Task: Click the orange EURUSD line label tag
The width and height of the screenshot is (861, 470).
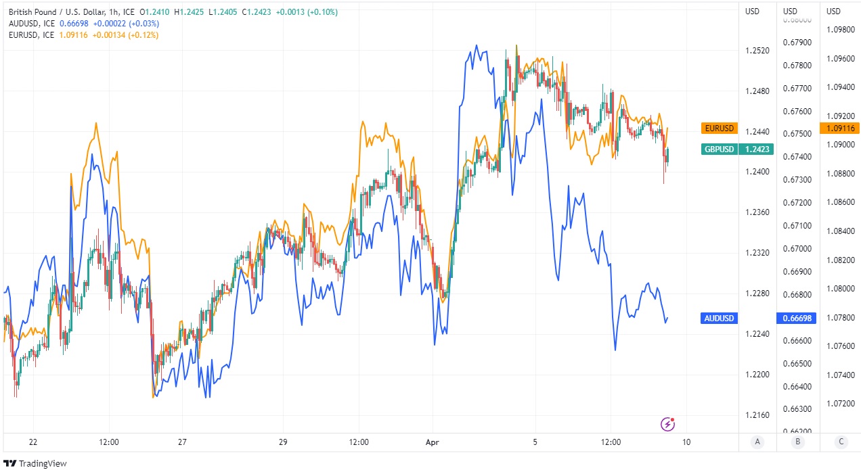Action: [x=719, y=128]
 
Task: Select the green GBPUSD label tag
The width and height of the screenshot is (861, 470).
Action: [x=719, y=149]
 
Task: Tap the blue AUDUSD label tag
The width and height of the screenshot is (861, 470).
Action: [x=719, y=318]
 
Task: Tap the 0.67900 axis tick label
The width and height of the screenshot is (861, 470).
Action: [x=797, y=43]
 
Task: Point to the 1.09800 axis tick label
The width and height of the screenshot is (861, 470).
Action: [x=840, y=29]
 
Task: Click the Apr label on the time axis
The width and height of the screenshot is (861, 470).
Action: [x=432, y=442]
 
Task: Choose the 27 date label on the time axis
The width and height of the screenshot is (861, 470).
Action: [x=182, y=442]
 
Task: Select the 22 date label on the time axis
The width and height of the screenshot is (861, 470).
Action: [x=33, y=442]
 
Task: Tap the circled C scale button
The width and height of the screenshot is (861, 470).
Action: [x=841, y=442]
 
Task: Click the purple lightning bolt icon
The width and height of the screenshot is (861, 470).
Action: [x=667, y=424]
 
